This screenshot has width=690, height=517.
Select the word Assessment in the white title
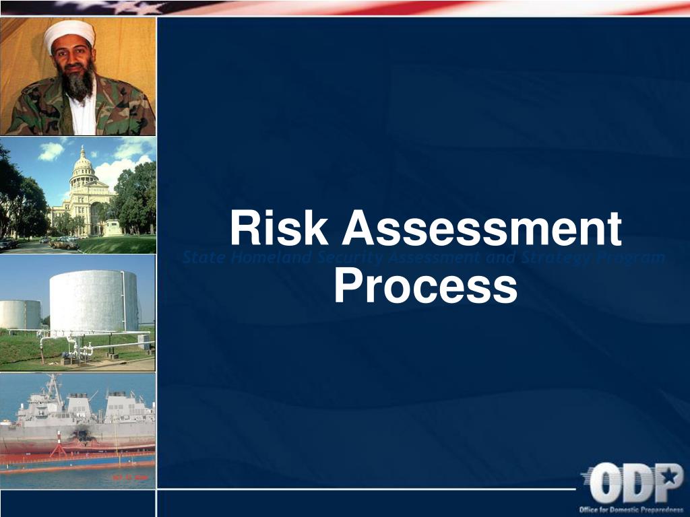pyautogui.click(x=481, y=229)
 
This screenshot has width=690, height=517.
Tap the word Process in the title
pyautogui.click(x=425, y=286)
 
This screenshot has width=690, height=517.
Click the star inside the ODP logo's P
pyautogui.click(x=670, y=476)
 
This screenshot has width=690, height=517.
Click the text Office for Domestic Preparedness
pyautogui.click(x=631, y=509)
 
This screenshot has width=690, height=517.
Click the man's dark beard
pyautogui.click(x=79, y=83)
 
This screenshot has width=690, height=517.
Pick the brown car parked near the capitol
pyautogui.click(x=65, y=243)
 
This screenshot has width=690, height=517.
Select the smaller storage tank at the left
pyautogui.click(x=20, y=314)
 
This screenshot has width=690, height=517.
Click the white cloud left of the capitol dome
pyautogui.click(x=51, y=151)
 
